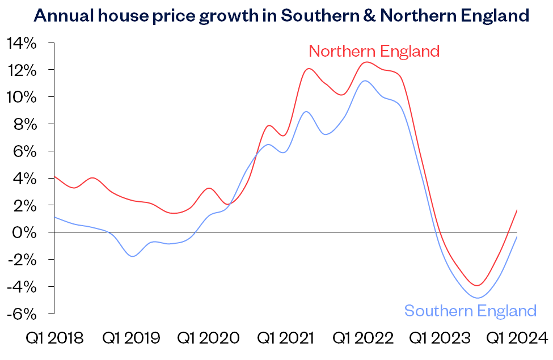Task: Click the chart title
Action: click(x=281, y=15)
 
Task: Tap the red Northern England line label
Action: click(x=374, y=51)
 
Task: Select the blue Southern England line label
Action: click(x=470, y=311)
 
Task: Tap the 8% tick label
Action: click(x=25, y=124)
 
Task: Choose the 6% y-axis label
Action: click(x=25, y=151)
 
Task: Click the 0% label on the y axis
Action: click(x=25, y=232)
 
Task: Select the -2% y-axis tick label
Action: click(x=23, y=260)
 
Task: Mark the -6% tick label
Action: click(x=23, y=314)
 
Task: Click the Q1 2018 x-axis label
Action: click(x=55, y=338)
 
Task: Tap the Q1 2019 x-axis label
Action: click(x=131, y=338)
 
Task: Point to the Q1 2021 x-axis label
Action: click(x=286, y=338)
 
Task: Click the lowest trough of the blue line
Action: click(x=478, y=298)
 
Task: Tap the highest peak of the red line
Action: click(x=367, y=62)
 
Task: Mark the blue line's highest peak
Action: click(x=365, y=81)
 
